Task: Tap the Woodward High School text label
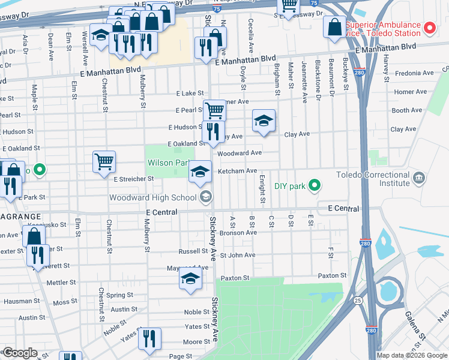(153, 197)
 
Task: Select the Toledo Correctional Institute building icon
(419, 177)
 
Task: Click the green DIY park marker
(313, 186)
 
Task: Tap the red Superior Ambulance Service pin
(429, 28)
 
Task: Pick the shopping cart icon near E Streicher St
(104, 161)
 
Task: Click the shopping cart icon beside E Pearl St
(214, 110)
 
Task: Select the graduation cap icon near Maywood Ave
(191, 279)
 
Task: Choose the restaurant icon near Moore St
(149, 338)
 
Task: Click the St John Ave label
(238, 255)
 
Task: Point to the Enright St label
(262, 189)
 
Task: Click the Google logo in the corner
(20, 353)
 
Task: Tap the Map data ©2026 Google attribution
(412, 355)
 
